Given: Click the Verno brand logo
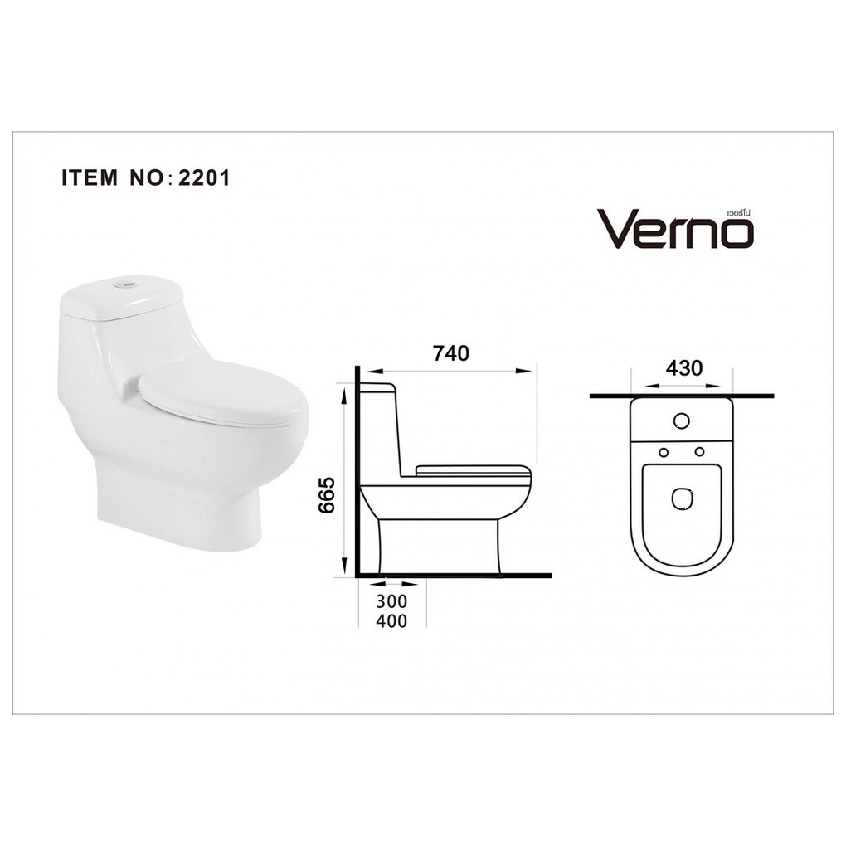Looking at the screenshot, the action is point(674,228).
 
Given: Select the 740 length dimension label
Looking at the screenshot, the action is point(451,353).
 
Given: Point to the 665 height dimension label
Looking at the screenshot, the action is point(327,495).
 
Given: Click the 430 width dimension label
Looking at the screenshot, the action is point(684,368).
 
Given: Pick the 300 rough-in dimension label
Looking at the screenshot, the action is point(391,601).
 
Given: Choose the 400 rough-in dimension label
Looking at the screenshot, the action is point(391,621).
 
